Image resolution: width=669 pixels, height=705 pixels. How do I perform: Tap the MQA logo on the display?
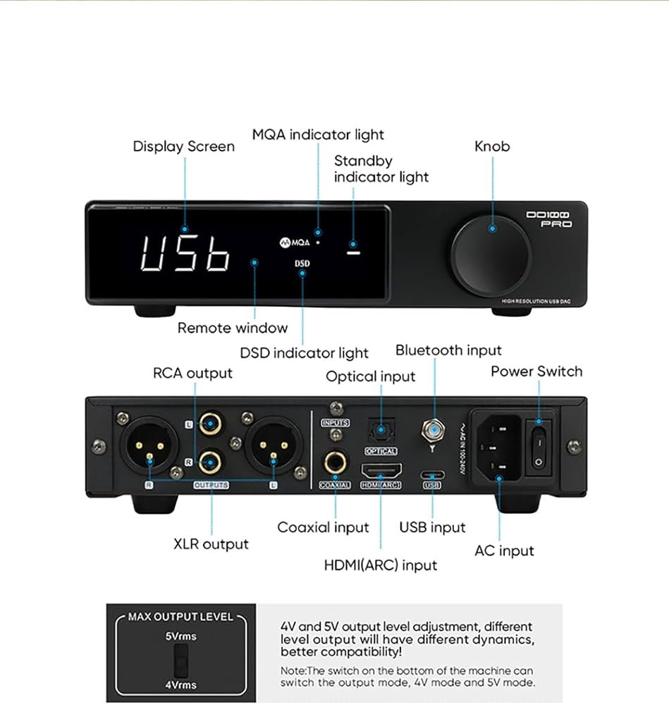(293, 241)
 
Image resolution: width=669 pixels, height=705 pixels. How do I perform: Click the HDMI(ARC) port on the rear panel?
(381, 470)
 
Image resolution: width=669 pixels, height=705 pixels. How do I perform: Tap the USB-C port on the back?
(432, 474)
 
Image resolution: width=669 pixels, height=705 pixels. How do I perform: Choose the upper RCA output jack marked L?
(210, 424)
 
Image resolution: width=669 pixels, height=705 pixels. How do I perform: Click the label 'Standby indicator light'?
(381, 168)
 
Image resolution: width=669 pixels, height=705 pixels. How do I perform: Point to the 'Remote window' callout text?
(232, 328)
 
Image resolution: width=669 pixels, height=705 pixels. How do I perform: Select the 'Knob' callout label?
(491, 147)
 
